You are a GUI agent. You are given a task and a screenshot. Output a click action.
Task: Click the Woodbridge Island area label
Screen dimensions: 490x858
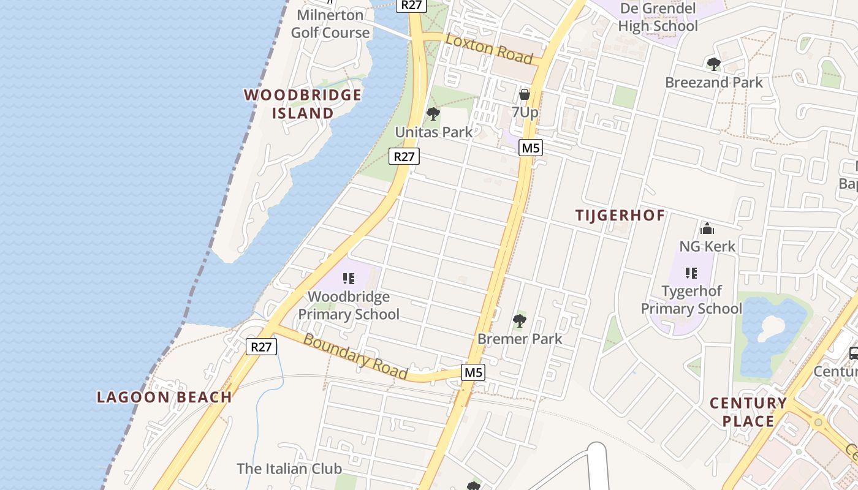[303, 104]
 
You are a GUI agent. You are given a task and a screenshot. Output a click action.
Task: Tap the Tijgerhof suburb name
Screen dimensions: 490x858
[620, 215]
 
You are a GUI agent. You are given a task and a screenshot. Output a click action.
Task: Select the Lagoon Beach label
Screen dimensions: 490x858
[164, 397]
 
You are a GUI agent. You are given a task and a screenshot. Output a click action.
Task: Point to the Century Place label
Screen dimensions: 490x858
[748, 412]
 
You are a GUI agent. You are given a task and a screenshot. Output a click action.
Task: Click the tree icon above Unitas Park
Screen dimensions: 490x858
[433, 114]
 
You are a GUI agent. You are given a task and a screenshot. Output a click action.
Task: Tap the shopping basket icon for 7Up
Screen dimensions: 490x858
[525, 94]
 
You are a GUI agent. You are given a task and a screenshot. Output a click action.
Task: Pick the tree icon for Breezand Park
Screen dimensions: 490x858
[713, 64]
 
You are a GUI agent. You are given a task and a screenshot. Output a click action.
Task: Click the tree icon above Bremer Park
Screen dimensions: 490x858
[520, 320]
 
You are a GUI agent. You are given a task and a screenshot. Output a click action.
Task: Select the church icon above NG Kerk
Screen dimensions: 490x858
[707, 229]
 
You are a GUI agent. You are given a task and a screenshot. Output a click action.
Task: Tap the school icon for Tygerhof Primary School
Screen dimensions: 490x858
[691, 273]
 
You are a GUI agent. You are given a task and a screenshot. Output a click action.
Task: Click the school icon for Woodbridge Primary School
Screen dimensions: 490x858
[349, 279]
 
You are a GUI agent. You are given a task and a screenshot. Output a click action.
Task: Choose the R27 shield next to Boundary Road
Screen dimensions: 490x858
[262, 347]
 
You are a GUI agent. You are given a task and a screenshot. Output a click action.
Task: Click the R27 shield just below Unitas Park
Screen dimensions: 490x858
[404, 156]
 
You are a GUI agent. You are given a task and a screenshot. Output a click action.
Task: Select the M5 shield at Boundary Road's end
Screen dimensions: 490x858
[474, 372]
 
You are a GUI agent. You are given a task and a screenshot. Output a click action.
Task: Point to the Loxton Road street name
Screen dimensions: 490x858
[489, 48]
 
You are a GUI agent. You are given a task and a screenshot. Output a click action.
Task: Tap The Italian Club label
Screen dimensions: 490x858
[289, 469]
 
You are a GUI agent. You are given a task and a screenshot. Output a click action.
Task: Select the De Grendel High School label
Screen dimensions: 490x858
[658, 17]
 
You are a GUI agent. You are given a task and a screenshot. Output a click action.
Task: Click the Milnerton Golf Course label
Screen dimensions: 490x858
[330, 24]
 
